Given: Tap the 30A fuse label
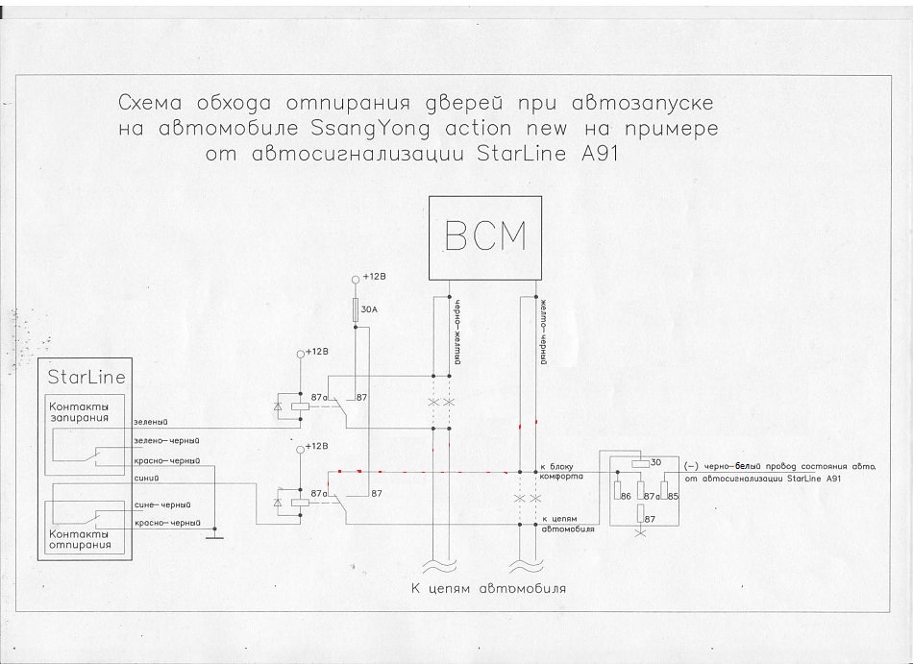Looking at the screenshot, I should [368, 309].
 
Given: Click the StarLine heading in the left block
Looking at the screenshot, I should [86, 377].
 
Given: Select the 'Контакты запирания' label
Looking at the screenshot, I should [80, 412].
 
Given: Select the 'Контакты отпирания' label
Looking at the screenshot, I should [80, 538].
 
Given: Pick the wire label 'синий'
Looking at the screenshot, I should [147, 474].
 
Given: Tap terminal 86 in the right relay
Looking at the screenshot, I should [625, 496].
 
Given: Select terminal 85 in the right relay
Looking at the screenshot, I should [673, 496].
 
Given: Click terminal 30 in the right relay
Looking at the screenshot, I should [656, 463].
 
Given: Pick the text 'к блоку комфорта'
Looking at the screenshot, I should [562, 471].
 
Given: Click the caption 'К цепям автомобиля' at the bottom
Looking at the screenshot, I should [482, 588].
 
